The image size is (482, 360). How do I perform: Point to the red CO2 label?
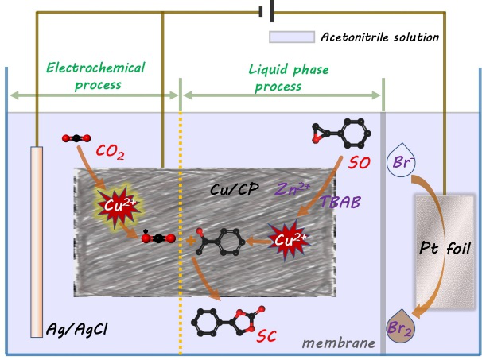click(108, 150)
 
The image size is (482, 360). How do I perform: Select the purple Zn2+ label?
click(291, 190)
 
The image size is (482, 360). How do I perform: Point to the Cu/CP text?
click(231, 190)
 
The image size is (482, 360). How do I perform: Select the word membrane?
click(340, 343)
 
